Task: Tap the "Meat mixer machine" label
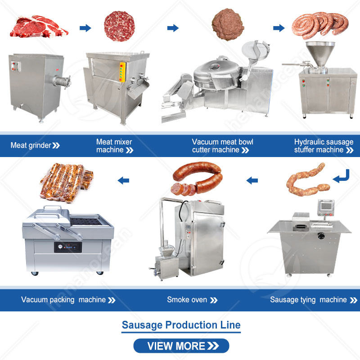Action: coord(114,146)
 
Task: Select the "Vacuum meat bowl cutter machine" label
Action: coord(222,146)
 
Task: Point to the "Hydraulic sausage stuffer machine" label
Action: coord(324,146)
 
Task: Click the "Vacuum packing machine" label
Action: coord(63,300)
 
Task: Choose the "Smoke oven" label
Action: coord(187,300)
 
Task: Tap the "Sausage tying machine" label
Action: coord(308,300)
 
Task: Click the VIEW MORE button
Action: coord(181,346)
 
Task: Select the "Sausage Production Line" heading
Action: coord(181,325)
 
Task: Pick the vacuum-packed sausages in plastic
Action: coord(66,182)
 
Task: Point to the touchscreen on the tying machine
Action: coord(326,206)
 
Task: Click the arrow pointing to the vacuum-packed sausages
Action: coord(123,180)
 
